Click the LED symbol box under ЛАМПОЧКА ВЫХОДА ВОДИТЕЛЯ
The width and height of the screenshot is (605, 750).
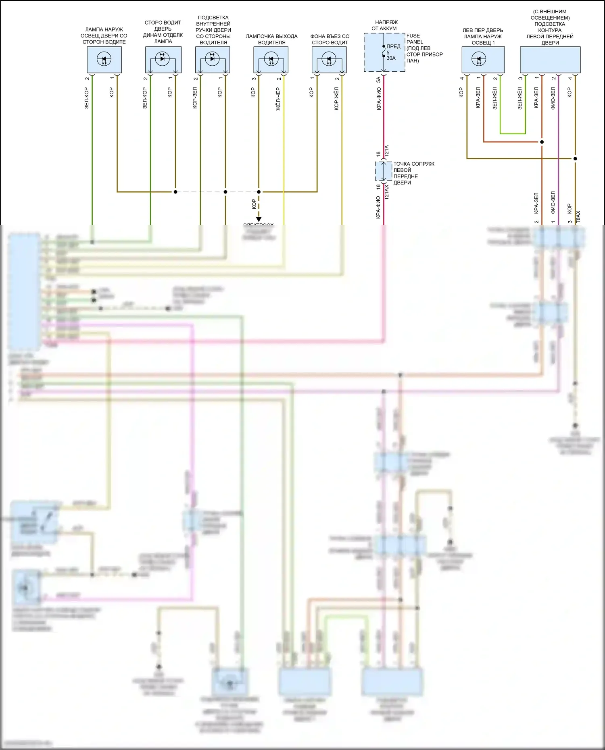tap(271, 60)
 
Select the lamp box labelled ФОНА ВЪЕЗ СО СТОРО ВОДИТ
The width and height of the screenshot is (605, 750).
tap(329, 60)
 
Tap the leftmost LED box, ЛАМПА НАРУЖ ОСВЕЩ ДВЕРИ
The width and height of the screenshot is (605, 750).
tap(104, 60)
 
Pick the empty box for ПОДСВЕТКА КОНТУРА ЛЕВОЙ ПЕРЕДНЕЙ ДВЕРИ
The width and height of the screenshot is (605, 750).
tap(550, 60)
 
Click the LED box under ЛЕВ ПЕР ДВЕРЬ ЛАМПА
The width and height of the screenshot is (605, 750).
tap(483, 60)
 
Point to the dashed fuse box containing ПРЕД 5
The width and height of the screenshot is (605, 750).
tap(384, 53)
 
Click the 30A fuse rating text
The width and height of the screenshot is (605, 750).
tap(391, 58)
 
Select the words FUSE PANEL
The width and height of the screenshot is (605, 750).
tap(415, 39)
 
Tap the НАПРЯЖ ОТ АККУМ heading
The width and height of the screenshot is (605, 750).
tap(386, 25)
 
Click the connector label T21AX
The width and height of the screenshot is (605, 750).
tap(386, 192)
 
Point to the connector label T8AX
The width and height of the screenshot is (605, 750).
tap(578, 217)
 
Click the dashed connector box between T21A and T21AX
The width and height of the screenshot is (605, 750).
tap(384, 171)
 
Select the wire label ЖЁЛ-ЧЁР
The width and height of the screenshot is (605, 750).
tap(278, 99)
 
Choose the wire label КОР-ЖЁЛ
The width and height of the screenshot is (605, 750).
tap(336, 99)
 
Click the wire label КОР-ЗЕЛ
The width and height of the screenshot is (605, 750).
tap(195, 98)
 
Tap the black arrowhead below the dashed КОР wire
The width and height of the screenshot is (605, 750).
tap(259, 220)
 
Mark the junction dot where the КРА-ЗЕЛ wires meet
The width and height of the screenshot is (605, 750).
tap(542, 142)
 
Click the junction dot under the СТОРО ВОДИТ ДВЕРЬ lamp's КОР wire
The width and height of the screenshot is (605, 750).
tap(175, 192)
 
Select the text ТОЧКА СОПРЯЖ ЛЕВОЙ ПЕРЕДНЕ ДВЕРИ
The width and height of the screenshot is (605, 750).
tap(413, 173)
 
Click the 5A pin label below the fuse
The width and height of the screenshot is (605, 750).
tap(378, 79)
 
